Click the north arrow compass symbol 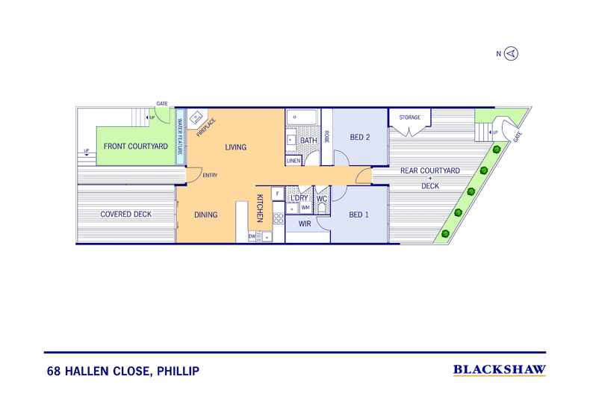511,54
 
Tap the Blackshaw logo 500,370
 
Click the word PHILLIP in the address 178,371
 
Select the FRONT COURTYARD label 136,146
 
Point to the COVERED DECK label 125,214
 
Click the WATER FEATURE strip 180,137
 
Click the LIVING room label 235,147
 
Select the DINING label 206,215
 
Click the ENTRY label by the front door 210,175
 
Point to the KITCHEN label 260,208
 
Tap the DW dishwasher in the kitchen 252,236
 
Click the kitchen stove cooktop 279,218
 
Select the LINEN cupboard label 294,161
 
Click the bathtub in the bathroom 303,117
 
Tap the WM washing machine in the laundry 305,208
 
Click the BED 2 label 360,137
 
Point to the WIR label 305,224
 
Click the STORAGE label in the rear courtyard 410,117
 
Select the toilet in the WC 322,208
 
